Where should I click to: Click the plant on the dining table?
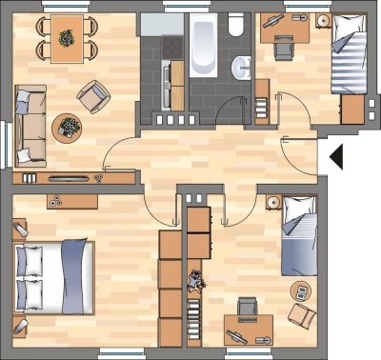point(66,39)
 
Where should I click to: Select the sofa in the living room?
point(30,123)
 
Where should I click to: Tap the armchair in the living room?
point(92,93)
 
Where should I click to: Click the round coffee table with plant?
point(68,126)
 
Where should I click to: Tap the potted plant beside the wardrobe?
point(196,280)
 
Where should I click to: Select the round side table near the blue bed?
point(271,203)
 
